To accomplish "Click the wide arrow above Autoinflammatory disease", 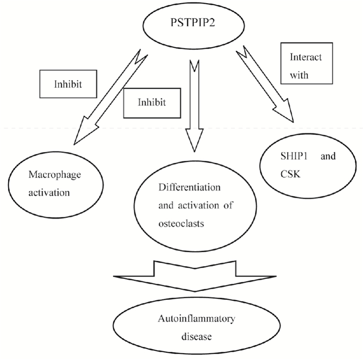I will coord(194,275).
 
